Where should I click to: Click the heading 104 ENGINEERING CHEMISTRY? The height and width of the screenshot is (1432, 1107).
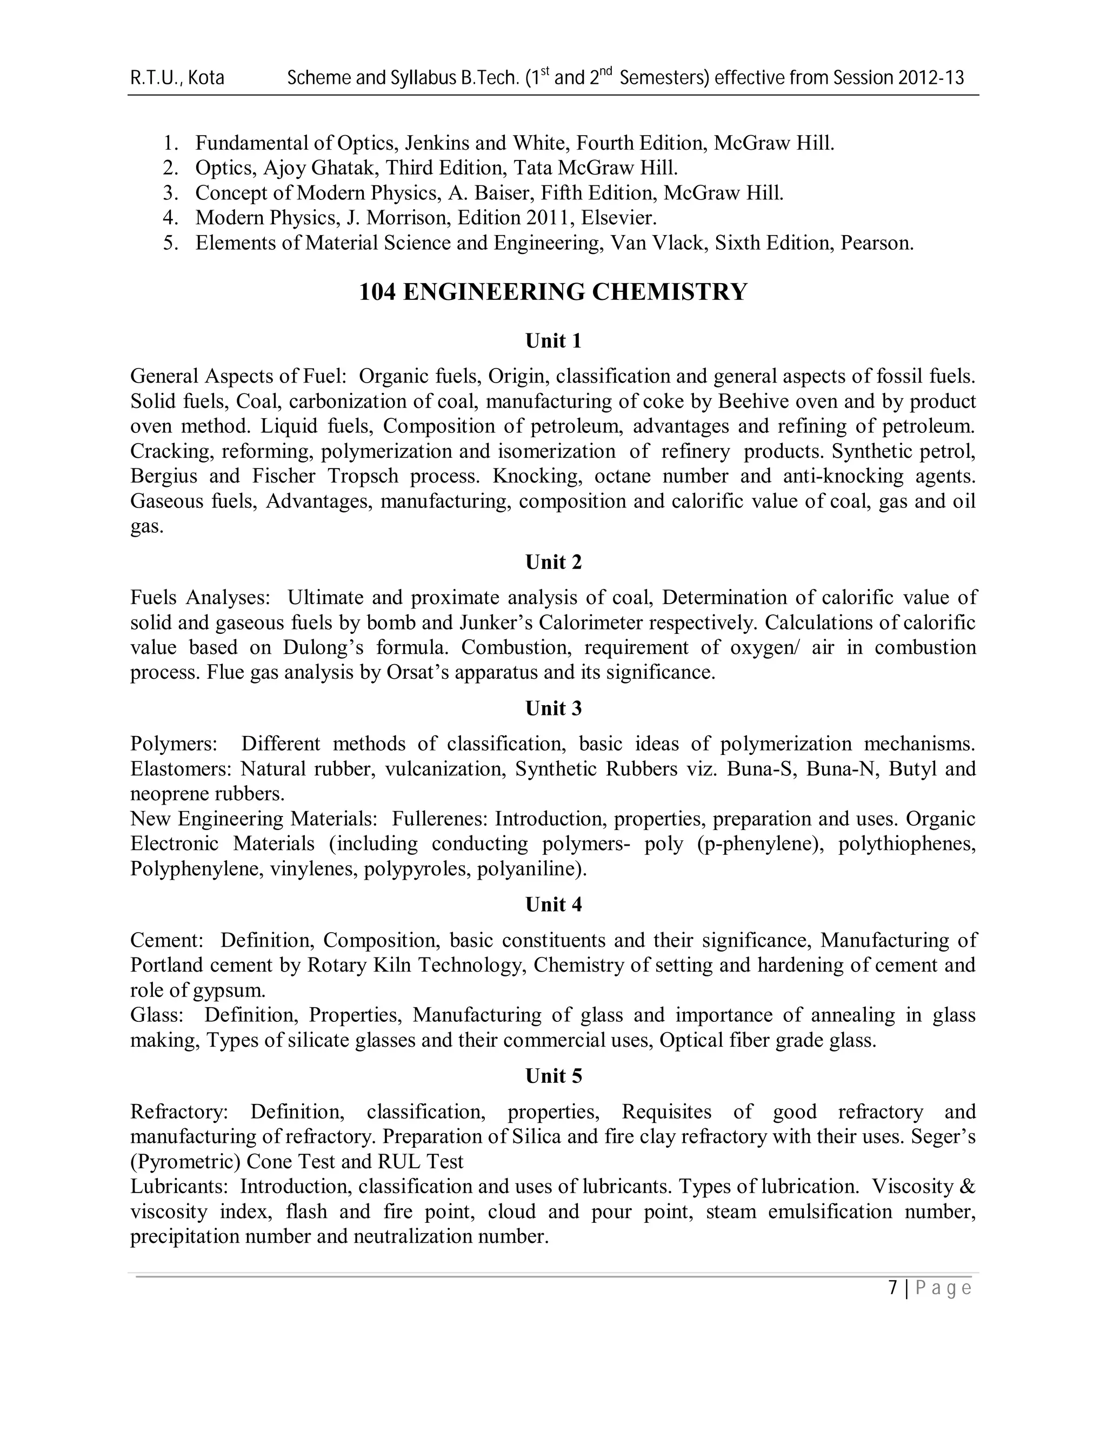(553, 292)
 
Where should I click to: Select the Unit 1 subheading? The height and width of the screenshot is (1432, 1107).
(553, 341)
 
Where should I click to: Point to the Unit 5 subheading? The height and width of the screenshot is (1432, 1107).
(553, 1076)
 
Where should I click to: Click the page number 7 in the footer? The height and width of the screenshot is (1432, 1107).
(892, 1288)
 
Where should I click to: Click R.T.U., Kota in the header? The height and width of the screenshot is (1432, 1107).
(177, 78)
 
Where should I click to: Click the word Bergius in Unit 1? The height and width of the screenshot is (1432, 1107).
(163, 476)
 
